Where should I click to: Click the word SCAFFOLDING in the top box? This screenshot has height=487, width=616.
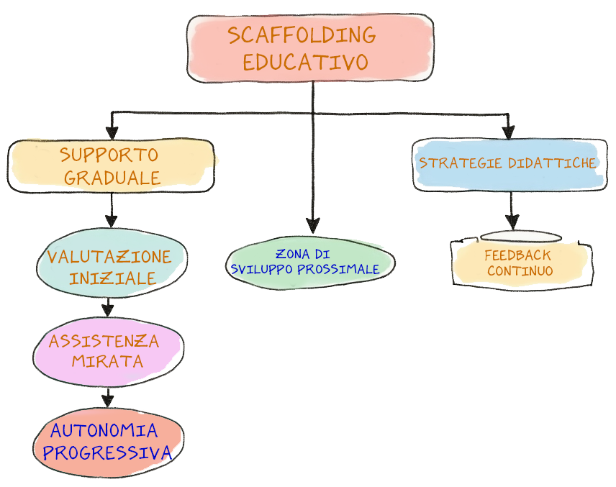pos(302,35)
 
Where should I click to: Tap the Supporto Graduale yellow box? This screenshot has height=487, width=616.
pos(111,166)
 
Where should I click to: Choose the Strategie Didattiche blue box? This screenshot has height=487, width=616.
pos(508,164)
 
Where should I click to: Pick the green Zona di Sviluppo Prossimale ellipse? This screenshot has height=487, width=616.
pos(310,263)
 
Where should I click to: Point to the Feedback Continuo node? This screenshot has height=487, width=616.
pos(520,263)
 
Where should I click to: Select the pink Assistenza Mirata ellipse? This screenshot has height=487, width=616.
pos(107,350)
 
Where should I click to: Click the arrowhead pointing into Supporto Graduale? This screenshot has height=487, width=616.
pos(111,134)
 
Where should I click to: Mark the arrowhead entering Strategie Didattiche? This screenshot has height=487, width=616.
pos(509,132)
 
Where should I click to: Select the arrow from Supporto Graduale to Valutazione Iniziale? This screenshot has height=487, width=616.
pos(111,210)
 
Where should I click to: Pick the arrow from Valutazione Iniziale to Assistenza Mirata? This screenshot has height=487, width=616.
pos(108,305)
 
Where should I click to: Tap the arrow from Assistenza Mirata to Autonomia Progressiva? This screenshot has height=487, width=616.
pos(108,395)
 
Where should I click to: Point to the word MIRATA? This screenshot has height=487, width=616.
pos(107,361)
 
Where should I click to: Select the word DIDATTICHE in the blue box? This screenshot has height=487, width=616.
pos(553,163)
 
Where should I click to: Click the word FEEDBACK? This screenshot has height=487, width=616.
pos(517,255)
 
